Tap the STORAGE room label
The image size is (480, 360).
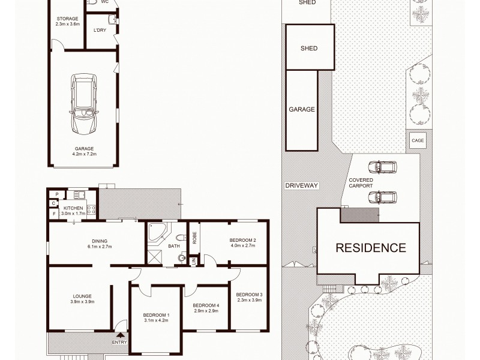(67, 19)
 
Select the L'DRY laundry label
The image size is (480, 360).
(100, 31)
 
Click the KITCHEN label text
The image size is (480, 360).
(73, 208)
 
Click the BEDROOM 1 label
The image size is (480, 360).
(156, 315)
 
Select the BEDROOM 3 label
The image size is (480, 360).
(249, 294)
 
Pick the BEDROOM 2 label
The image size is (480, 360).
(243, 240)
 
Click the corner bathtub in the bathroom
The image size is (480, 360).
(155, 233)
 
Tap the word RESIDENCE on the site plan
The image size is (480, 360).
(370, 247)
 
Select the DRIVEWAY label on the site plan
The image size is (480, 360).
(302, 185)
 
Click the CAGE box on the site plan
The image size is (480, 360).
(418, 140)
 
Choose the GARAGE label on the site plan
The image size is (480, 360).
(302, 110)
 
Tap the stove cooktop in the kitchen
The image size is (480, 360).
(92, 209)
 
